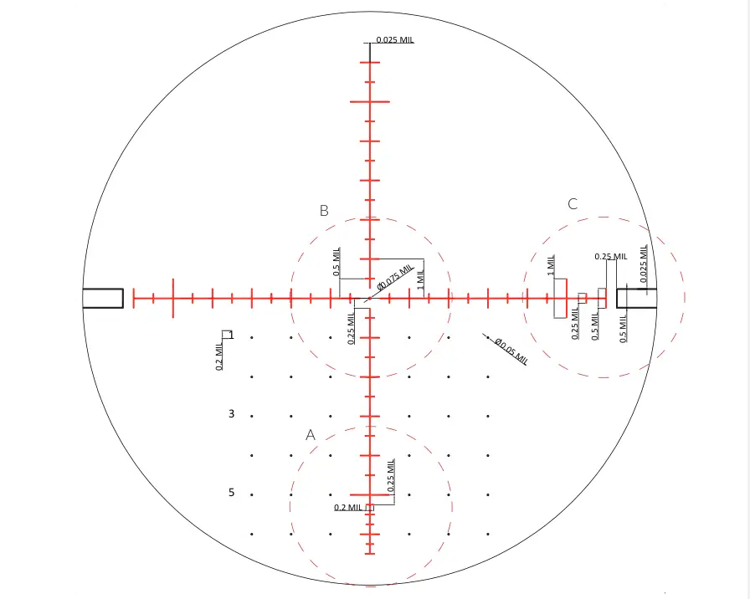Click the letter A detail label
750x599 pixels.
311,435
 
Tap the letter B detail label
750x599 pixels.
324,210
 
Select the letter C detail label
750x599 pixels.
573,204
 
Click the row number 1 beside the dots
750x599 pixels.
232,335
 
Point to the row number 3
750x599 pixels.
232,413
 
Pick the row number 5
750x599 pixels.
232,493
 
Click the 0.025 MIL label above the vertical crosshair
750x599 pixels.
395,39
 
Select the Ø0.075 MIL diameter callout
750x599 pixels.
395,277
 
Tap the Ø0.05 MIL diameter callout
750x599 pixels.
511,351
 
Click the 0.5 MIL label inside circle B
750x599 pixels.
336,262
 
